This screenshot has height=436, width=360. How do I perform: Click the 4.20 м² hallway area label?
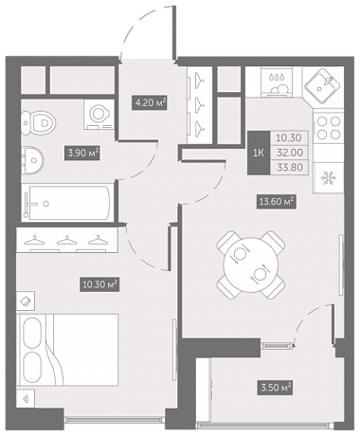point(149,102)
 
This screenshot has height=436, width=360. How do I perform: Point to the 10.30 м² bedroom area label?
point(99,284)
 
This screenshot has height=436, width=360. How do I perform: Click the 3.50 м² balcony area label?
point(276,387)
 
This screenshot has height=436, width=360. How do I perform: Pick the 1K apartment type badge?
point(259,153)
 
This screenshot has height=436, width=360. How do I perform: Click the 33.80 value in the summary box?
point(290,167)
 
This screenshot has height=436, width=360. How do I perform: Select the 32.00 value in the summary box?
point(290,153)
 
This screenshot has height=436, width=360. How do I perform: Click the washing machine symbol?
point(99,114)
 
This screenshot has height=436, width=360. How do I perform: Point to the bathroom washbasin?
point(32,160)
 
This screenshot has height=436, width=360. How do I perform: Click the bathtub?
point(67,203)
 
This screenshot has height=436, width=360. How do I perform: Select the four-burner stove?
point(329,128)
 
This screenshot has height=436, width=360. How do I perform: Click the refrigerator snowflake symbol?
point(328,179)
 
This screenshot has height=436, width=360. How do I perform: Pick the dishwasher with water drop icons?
point(277,82)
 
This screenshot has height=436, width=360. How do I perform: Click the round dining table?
point(251,264)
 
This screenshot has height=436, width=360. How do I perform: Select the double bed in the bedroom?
point(67,350)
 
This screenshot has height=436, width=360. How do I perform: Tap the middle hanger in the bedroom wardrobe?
point(67,240)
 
